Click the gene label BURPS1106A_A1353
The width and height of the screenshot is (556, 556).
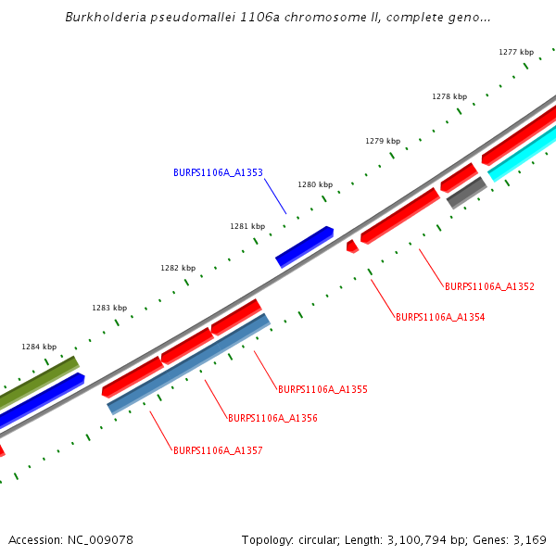coord(218,172)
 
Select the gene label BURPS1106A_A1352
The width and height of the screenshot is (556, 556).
coord(489,286)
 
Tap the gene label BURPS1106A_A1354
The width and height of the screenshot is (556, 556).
coord(440,317)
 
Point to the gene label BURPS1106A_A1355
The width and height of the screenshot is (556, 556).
coord(322,389)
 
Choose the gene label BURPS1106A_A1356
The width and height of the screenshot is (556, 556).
coord(272,418)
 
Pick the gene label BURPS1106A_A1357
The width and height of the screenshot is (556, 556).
coord(218,450)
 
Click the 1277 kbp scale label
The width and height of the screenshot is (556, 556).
coord(516,53)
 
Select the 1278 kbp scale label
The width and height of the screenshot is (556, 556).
coord(449,96)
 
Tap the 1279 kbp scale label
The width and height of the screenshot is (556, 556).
coord(383,141)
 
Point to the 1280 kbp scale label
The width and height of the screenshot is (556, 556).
coord(314,184)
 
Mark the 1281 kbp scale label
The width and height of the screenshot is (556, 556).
coord(247,226)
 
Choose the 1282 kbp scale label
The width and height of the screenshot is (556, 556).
coord(178,268)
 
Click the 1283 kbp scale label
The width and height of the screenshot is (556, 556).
coord(108,308)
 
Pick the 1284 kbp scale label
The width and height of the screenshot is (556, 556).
coord(39,347)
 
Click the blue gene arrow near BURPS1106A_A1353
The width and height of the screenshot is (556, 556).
coord(304,246)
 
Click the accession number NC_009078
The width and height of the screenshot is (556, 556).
coord(101,539)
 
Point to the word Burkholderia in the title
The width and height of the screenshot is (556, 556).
coord(107,18)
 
